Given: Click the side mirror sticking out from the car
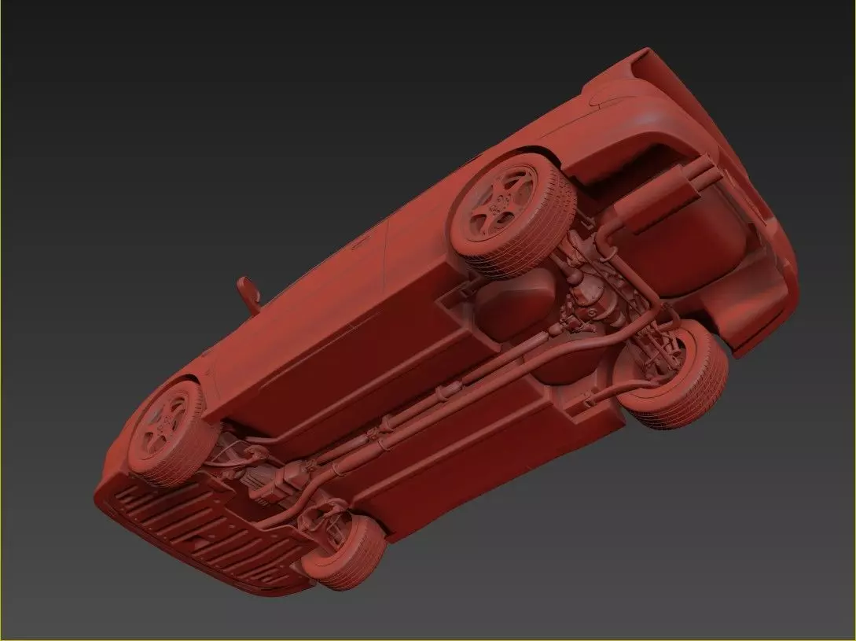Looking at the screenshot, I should [248, 292].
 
